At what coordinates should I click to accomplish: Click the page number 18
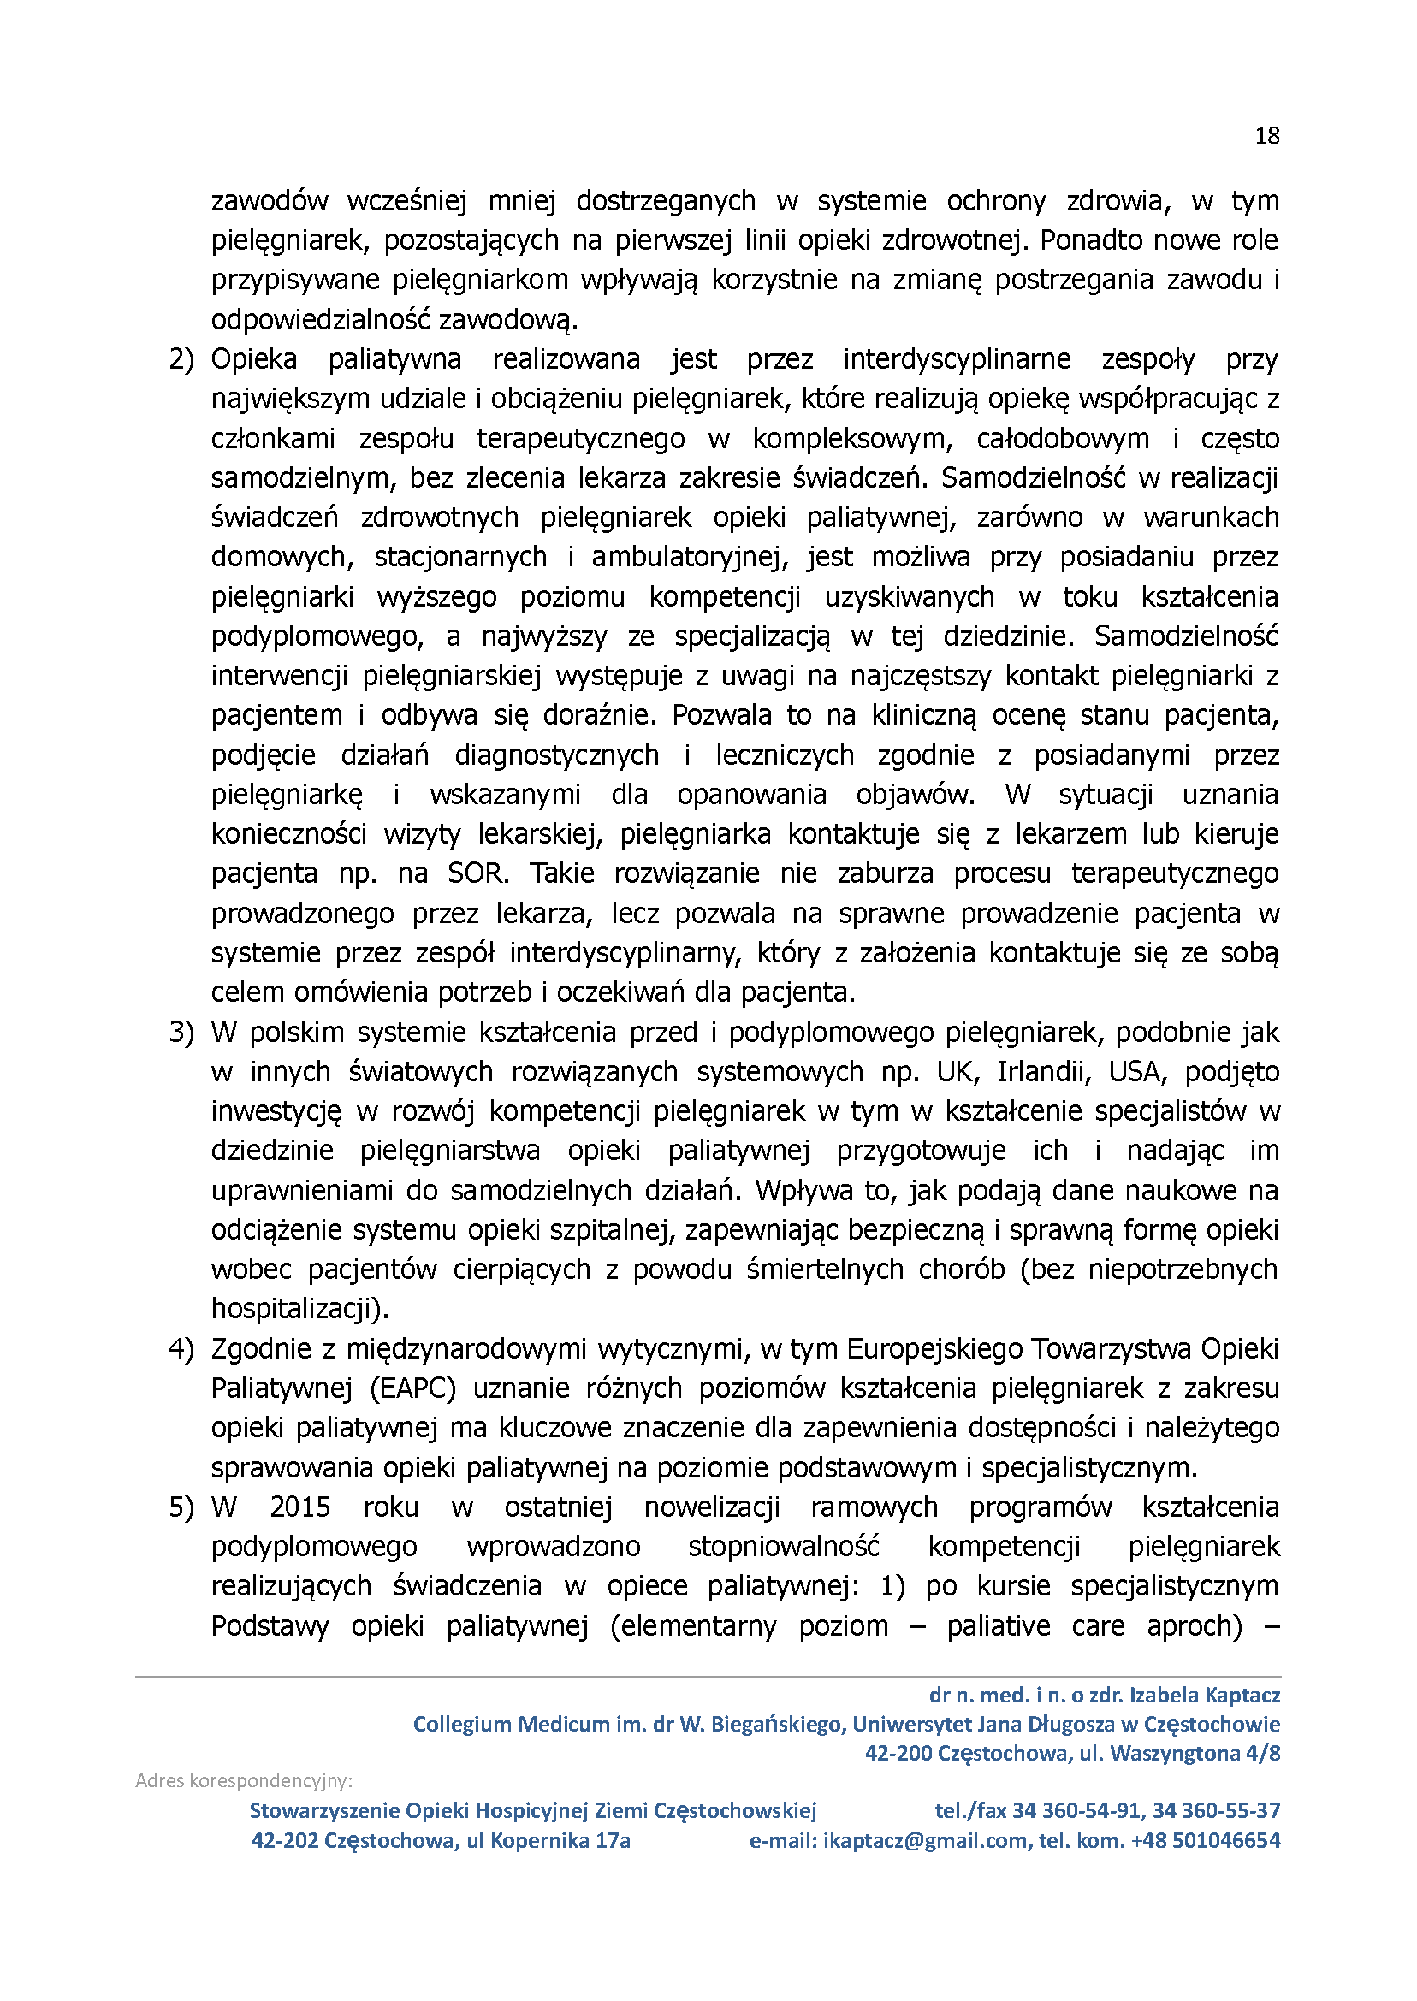coord(1267,136)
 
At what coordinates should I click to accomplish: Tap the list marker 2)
coord(181,359)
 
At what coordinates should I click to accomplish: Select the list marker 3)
coord(181,1033)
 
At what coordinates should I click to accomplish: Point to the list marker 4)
coord(181,1349)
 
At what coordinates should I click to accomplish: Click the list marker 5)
coord(181,1507)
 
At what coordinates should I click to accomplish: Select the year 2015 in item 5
coord(300,1507)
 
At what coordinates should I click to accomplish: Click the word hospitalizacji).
coord(300,1309)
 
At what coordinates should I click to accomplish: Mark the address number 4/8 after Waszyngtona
coord(1264,1753)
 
